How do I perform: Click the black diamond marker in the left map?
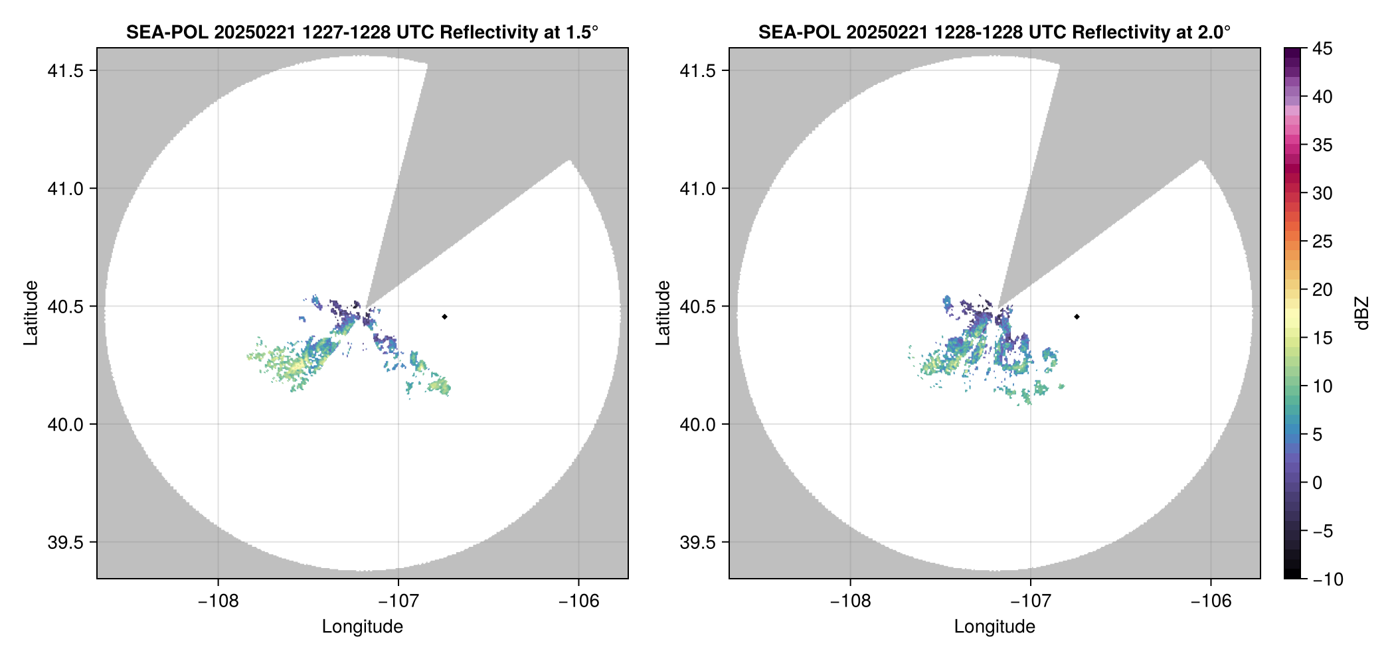tap(444, 317)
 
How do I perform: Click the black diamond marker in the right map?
tap(1077, 317)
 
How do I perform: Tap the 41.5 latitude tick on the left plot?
tap(65, 71)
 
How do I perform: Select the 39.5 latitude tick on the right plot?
tap(697, 542)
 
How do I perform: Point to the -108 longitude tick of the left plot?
tap(218, 601)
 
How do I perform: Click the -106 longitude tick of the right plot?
tap(1211, 601)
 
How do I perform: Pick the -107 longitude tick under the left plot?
tap(398, 601)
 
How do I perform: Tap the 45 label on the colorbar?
tap(1322, 48)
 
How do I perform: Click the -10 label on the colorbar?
tap(1328, 579)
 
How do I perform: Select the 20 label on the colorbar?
tap(1322, 290)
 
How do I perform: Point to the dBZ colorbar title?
tap(1362, 313)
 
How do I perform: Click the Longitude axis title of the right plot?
tap(995, 626)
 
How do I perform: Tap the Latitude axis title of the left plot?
tap(31, 313)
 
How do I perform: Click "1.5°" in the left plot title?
tap(581, 32)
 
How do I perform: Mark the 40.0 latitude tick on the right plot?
tap(697, 424)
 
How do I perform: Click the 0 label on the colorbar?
tap(1317, 483)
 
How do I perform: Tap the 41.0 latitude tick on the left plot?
tap(65, 188)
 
